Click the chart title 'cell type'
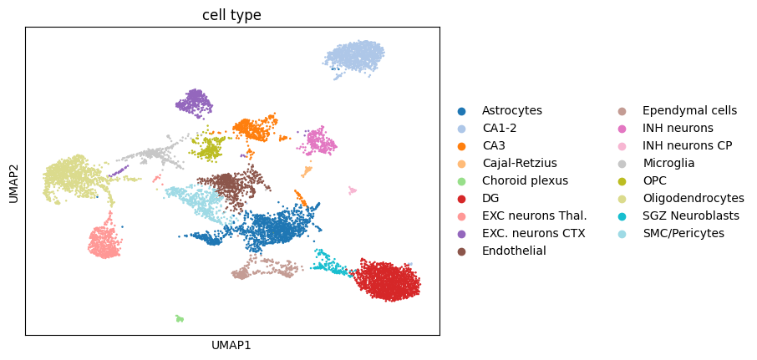[x=231, y=15]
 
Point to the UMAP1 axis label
[x=231, y=346]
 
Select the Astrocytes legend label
[x=511, y=110]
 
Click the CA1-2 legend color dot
[x=462, y=129]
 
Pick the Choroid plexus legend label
[x=526, y=181]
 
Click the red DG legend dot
[x=462, y=199]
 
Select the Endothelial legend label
[x=514, y=251]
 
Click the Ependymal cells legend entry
[x=690, y=110]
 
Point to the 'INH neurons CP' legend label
[x=688, y=145]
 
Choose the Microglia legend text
[x=668, y=163]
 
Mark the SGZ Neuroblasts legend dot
[x=622, y=216]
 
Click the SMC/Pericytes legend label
[x=683, y=234]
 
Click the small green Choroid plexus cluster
[x=180, y=318]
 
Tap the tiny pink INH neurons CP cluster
[x=353, y=190]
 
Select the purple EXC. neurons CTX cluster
[x=194, y=103]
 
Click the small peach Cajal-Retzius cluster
[x=307, y=171]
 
